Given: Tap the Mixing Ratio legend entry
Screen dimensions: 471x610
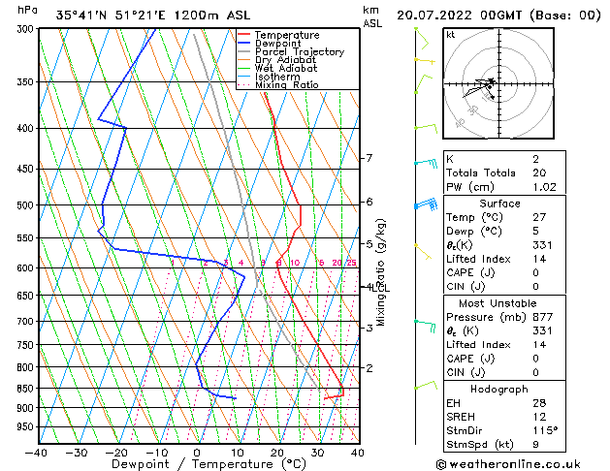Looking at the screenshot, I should (286, 85).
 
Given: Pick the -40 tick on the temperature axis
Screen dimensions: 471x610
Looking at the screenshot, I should (37, 452).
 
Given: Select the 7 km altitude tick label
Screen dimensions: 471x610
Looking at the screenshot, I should (369, 158).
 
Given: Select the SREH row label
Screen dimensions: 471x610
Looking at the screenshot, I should (462, 417).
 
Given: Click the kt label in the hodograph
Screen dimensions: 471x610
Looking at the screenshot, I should (451, 35).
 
